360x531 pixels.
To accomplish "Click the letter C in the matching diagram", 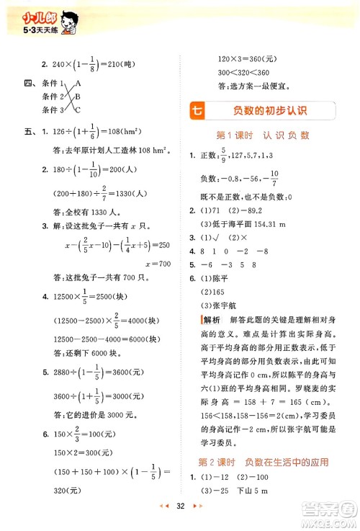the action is [x=78, y=109].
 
